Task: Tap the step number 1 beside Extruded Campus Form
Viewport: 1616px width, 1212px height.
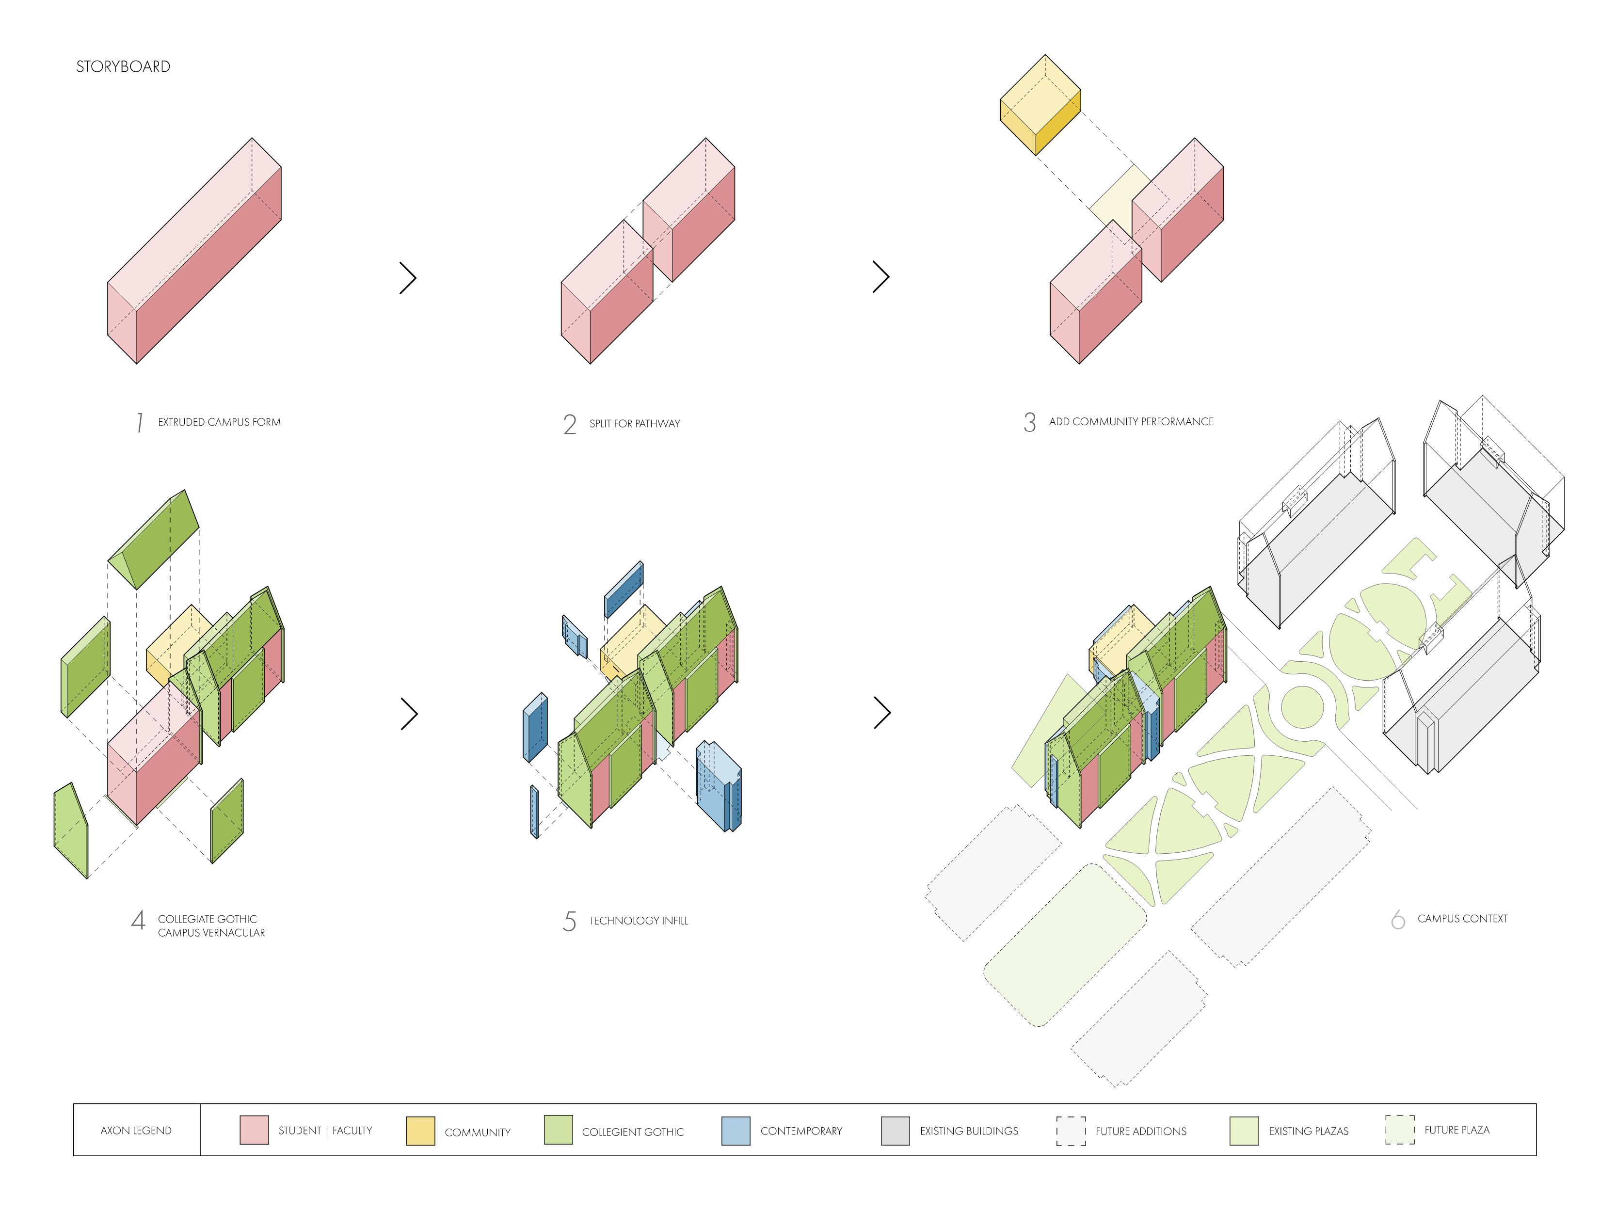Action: [x=139, y=422]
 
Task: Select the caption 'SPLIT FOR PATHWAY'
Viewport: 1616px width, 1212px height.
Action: [x=634, y=424]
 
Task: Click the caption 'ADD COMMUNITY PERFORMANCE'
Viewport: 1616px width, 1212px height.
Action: [x=1130, y=421]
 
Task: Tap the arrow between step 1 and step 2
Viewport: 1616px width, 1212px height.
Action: [x=408, y=278]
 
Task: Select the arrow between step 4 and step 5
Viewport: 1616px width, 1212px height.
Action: [x=409, y=714]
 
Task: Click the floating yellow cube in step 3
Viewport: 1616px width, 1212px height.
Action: [x=1040, y=104]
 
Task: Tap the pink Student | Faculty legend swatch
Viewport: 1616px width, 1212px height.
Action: [x=254, y=1130]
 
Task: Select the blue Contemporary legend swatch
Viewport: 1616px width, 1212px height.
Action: [x=735, y=1130]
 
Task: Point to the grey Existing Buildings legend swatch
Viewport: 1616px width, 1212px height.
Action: [x=895, y=1130]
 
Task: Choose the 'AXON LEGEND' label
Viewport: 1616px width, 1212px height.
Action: [x=136, y=1130]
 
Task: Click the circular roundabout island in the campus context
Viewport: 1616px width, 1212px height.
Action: [x=1302, y=708]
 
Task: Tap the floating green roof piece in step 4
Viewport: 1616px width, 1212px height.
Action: [x=153, y=539]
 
